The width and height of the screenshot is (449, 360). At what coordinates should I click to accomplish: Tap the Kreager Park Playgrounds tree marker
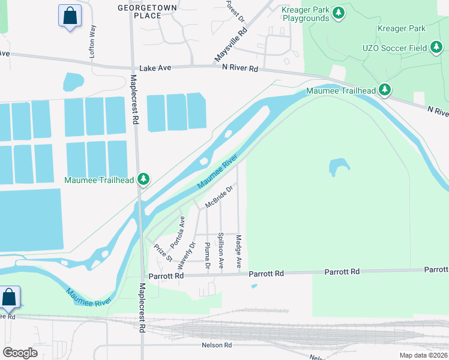pos(339,12)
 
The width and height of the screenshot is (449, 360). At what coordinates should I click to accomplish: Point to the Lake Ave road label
pos(155,69)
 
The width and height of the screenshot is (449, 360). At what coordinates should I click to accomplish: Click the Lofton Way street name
pos(92,40)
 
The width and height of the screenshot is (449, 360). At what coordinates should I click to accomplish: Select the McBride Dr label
pos(218,196)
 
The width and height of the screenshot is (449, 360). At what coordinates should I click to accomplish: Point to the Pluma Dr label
pos(207,255)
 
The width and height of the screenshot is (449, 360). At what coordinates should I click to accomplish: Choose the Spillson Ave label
pos(221,251)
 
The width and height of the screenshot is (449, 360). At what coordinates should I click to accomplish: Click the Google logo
pos(20,353)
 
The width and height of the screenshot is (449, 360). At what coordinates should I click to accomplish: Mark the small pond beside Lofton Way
pos(73,82)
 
